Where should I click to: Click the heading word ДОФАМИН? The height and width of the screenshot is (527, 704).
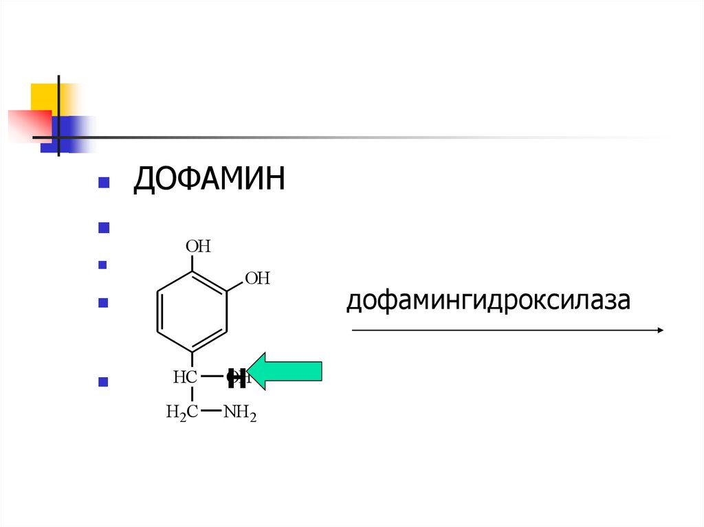click(x=209, y=181)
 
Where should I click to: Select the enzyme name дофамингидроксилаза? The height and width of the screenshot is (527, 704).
click(x=488, y=300)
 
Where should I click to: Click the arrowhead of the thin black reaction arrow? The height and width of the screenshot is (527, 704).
click(x=659, y=330)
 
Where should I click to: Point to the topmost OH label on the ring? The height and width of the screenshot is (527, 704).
click(x=198, y=247)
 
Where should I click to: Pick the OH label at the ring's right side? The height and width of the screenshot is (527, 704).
click(x=258, y=278)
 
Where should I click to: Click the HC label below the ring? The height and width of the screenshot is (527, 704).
click(x=185, y=377)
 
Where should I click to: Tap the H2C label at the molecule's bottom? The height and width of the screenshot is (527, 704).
click(x=182, y=413)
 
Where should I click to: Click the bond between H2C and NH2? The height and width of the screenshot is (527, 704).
click(x=212, y=412)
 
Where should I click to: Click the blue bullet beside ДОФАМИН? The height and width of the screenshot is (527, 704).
click(x=104, y=183)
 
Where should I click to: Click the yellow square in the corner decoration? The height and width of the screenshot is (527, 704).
click(x=43, y=96)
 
